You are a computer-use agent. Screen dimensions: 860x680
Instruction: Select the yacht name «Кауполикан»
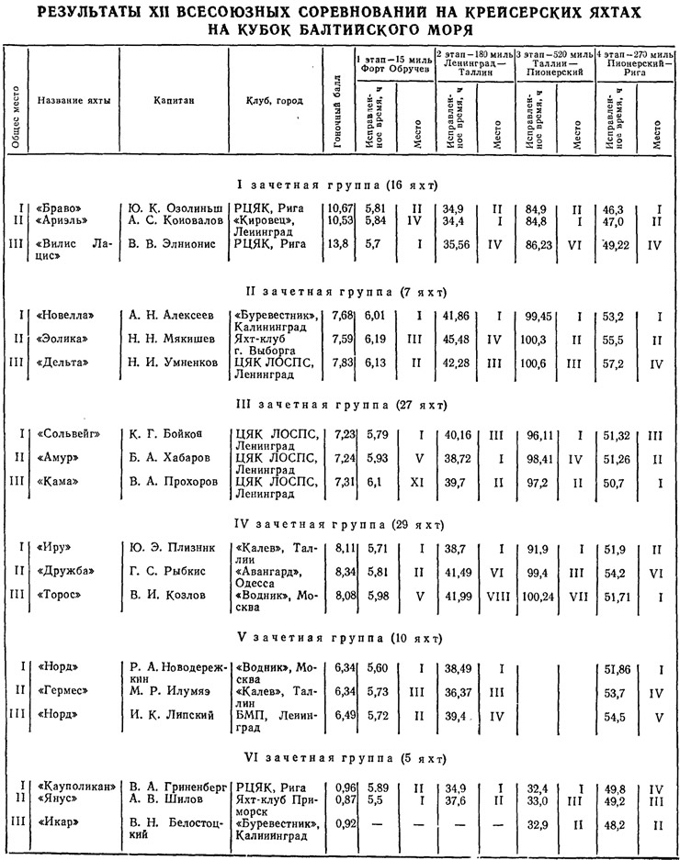pos(76,786)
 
